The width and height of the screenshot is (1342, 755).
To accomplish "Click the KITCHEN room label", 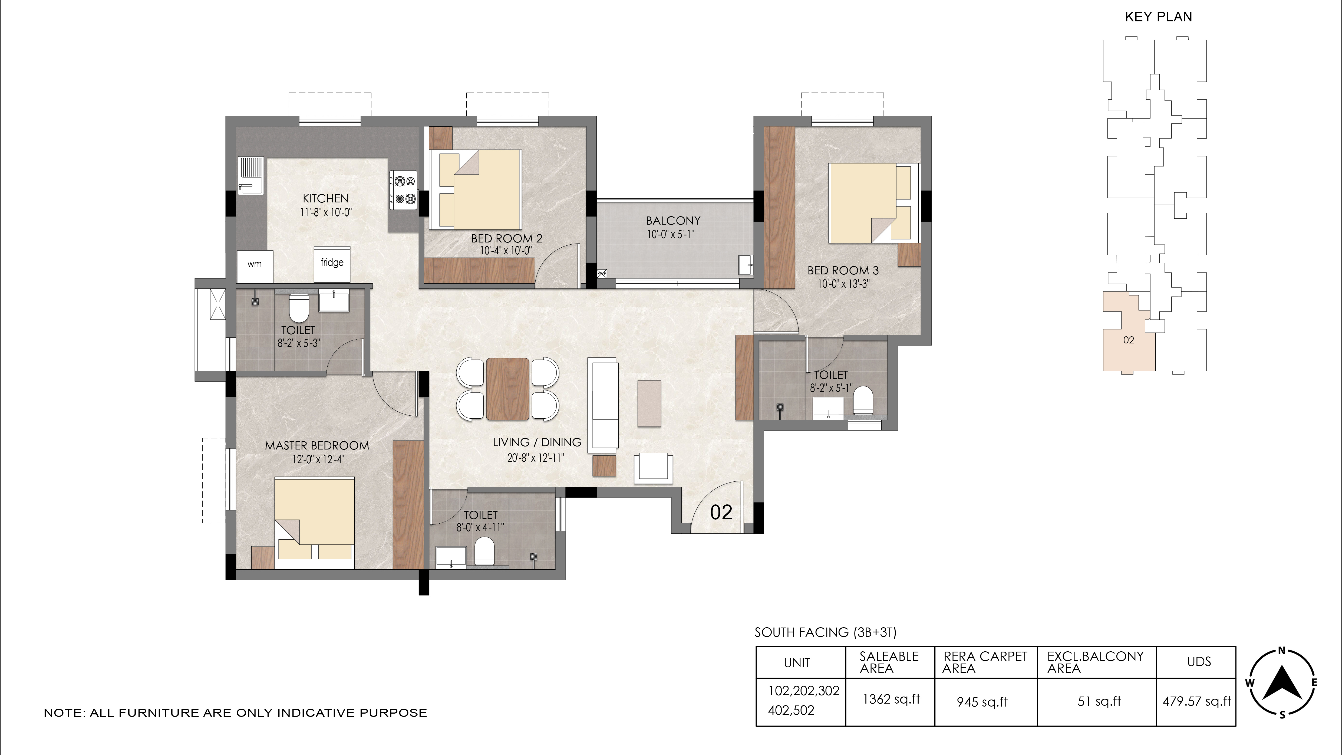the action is pos(326,199).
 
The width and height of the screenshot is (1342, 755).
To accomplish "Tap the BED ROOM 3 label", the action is pos(843,270).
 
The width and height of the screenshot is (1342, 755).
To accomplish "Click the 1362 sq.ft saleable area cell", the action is pos(891,699).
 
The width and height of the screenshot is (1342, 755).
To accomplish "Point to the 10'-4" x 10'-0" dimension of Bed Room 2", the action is pos(506,251).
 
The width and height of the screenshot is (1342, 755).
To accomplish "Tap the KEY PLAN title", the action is pos(1159,17).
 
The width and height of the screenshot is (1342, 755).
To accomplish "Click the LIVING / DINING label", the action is pos(537,442).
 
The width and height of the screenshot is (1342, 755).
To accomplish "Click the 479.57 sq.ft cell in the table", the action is pos(1197,701).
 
